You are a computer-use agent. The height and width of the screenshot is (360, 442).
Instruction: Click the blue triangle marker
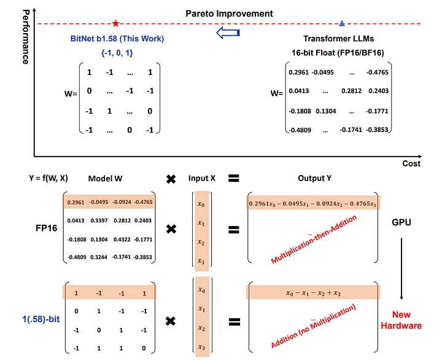tap(342, 23)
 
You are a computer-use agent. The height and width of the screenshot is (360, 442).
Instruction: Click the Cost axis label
tap(411, 164)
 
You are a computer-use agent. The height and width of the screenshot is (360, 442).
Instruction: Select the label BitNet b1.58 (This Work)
tap(117, 39)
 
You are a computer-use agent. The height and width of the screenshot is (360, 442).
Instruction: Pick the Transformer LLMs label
tap(337, 39)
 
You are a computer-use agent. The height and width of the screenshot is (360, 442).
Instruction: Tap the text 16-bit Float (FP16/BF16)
tap(337, 53)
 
